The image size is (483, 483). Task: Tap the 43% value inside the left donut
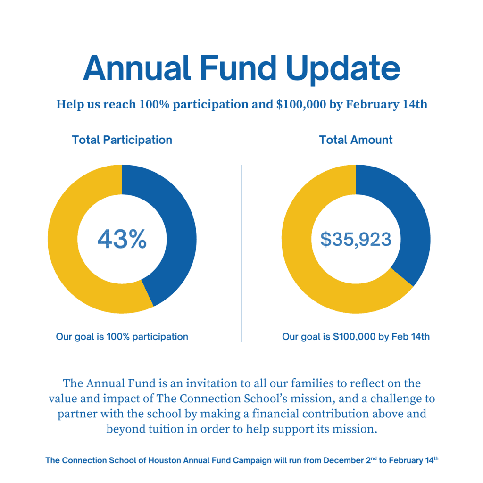coord(122,239)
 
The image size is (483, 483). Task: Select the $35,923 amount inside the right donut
coord(356,239)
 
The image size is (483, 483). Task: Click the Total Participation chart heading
coord(122,140)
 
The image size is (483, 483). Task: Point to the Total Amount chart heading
coord(356,140)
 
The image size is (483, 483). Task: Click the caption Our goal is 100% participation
coord(122,337)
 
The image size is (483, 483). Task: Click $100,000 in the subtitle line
coord(300,104)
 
